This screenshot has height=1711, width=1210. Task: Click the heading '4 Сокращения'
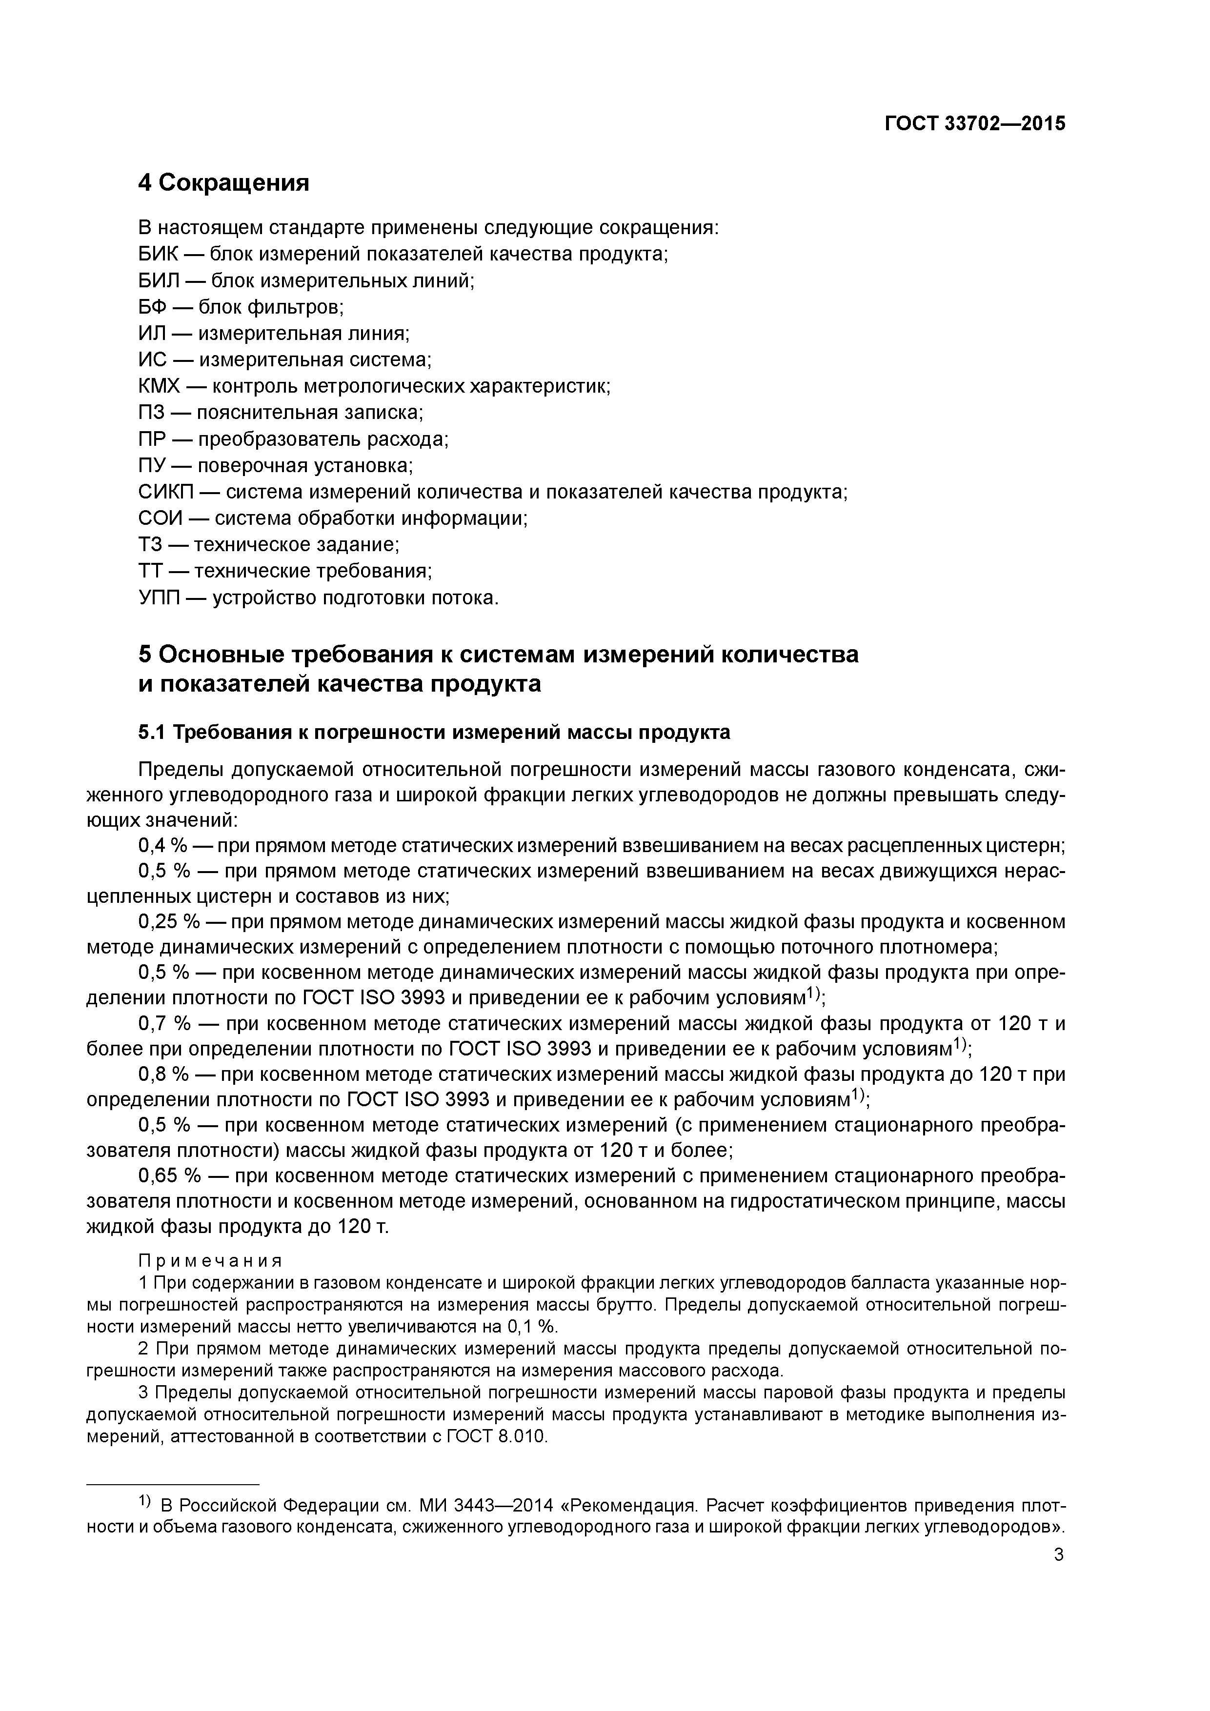pyautogui.click(x=223, y=182)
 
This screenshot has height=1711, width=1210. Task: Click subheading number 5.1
pyautogui.click(x=151, y=733)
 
